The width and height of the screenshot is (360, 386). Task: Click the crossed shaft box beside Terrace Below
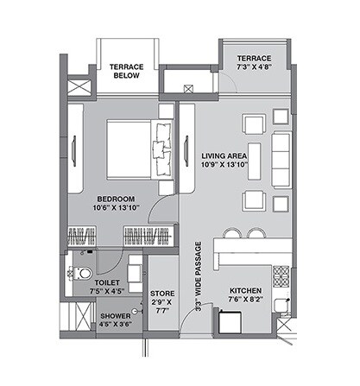tap(78, 89)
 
